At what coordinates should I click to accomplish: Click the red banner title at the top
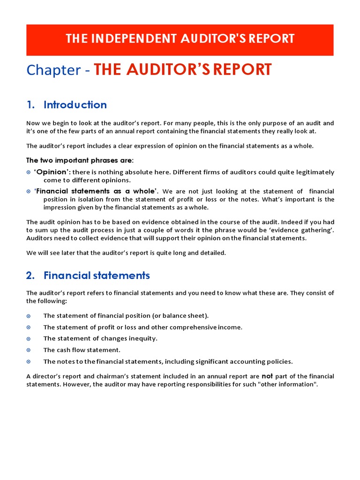(x=180, y=38)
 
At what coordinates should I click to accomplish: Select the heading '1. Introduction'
(x=67, y=105)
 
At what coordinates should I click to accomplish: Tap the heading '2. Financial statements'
(x=88, y=275)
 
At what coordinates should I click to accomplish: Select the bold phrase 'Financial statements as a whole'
(x=97, y=191)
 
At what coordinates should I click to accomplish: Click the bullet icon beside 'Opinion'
(x=29, y=172)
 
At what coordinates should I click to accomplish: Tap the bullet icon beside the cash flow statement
(x=29, y=350)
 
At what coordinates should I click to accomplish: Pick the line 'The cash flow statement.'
(x=82, y=350)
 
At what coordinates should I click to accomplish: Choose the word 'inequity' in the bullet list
(x=143, y=338)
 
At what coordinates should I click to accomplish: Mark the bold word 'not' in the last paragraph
(x=267, y=375)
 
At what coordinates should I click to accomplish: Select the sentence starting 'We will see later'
(x=126, y=253)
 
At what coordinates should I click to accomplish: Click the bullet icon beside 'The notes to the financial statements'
(x=29, y=361)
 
